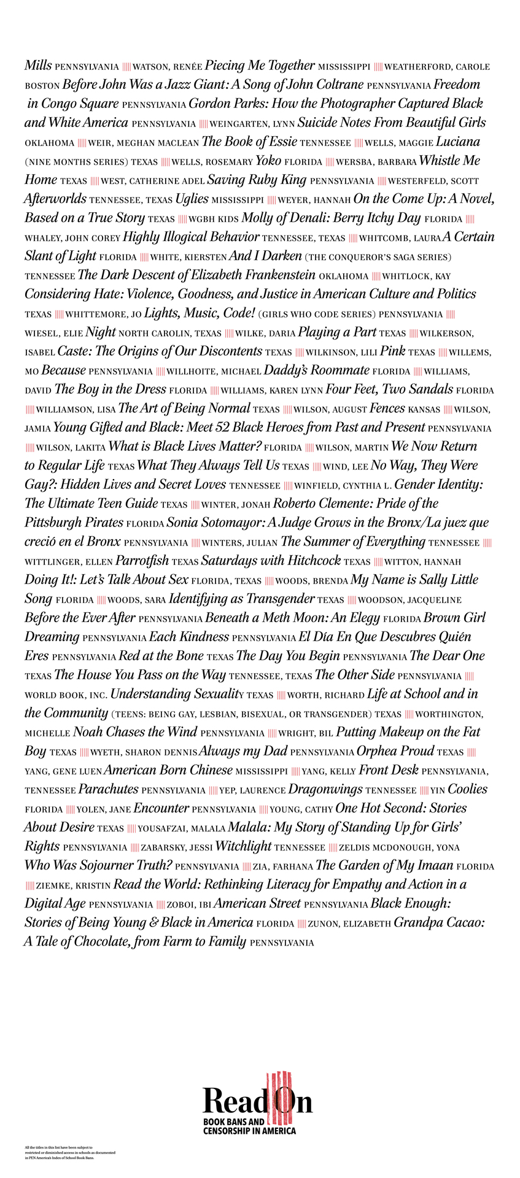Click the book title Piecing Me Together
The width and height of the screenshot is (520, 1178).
click(260, 65)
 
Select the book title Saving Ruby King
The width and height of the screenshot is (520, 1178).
click(257, 180)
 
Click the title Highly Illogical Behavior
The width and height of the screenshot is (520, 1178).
click(191, 237)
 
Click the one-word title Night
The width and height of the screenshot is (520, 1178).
click(101, 332)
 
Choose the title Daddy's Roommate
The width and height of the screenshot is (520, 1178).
click(316, 371)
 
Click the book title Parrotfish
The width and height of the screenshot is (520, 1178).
click(142, 561)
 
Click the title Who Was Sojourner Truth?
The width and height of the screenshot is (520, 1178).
click(98, 866)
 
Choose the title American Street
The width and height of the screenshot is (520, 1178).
click(257, 904)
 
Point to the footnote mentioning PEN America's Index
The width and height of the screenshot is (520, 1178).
click(70, 1152)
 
